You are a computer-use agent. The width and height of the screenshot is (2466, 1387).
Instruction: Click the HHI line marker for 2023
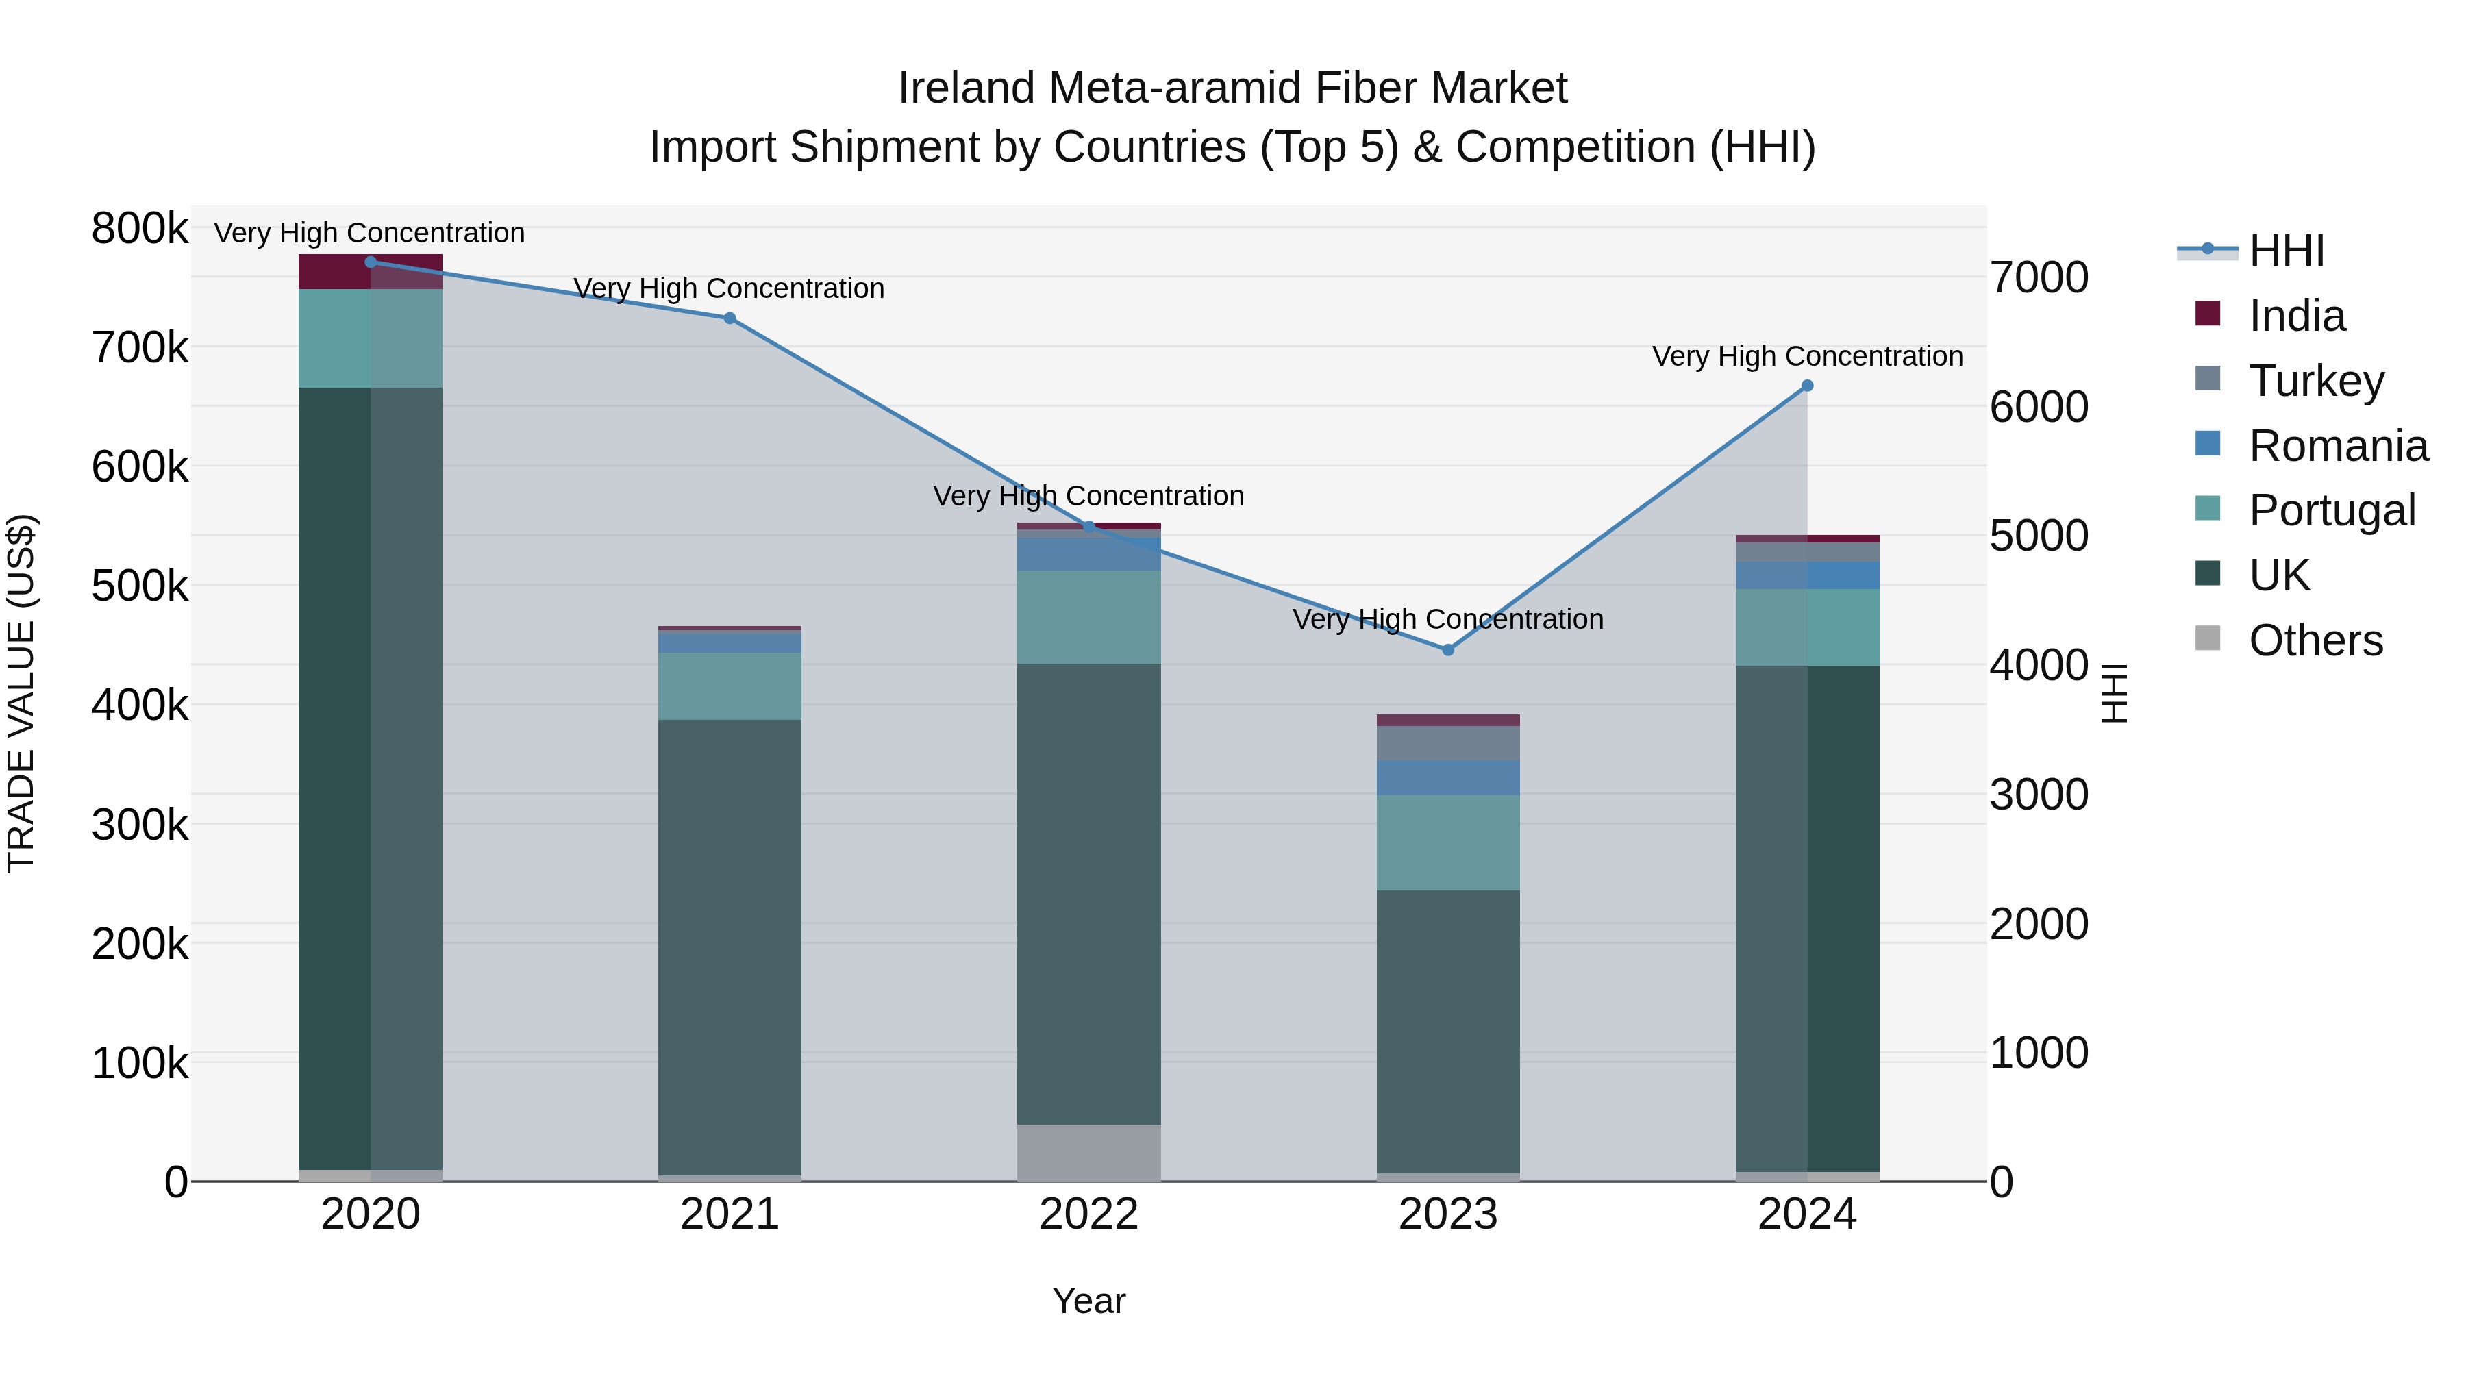[x=1447, y=650]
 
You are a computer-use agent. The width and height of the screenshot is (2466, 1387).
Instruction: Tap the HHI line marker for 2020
[x=371, y=262]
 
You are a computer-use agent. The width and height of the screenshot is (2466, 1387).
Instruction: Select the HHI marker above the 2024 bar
[x=1808, y=386]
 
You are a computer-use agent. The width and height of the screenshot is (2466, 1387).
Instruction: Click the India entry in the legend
[x=2295, y=316]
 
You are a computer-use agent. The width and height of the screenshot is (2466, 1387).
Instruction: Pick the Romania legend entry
[x=2337, y=446]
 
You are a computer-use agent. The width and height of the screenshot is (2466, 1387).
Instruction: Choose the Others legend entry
[x=2315, y=640]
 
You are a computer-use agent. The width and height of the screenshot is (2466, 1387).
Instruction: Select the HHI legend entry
[x=2286, y=251]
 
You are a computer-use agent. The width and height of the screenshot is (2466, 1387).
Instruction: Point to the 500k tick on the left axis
[x=140, y=586]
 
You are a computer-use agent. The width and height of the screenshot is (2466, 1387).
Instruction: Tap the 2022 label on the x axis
[x=1088, y=1214]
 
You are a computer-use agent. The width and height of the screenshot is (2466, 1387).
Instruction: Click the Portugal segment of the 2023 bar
[x=1447, y=842]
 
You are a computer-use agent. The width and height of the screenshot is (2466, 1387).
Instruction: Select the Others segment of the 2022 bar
[x=1088, y=1153]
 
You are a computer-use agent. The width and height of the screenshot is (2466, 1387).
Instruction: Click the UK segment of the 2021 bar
[x=730, y=948]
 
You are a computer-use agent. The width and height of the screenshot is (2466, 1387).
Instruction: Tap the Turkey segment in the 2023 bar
[x=1447, y=742]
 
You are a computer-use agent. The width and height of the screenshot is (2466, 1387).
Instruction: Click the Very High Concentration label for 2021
[x=729, y=288]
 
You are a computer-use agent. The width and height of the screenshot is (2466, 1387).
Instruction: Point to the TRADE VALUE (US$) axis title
[x=21, y=693]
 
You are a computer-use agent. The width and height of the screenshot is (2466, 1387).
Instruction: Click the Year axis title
[x=1088, y=1301]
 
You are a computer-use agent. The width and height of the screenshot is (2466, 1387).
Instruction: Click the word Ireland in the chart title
[x=967, y=88]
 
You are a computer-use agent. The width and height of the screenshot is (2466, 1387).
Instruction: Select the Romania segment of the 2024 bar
[x=1808, y=575]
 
